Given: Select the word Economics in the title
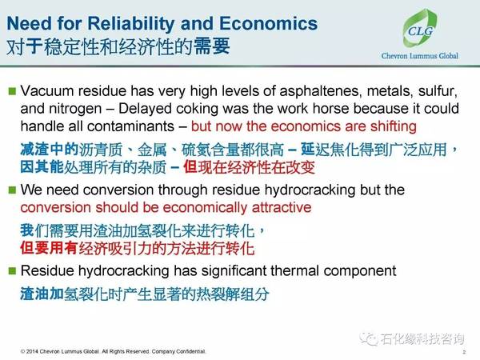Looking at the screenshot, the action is pos(269,23).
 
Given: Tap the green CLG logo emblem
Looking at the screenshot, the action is pos(420,29).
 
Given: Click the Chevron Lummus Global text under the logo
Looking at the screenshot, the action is pos(420,56).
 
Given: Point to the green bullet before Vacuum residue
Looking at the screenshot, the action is pos(12,91).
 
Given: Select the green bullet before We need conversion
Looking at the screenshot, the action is pos(12,190).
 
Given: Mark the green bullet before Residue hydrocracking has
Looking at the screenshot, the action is pos(12,271).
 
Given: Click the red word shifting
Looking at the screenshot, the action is pos(394,126).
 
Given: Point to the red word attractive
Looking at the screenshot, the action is pos(282,207).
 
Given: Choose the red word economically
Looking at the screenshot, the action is pos(205,208).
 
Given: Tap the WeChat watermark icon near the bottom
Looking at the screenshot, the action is pos(368,338).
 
